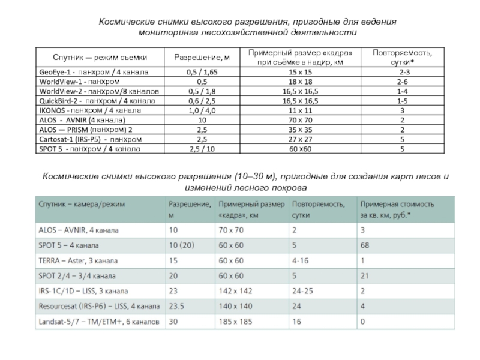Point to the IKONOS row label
(89, 110)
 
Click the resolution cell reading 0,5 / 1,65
(202, 71)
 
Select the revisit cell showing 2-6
(402, 81)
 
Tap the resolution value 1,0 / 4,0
(202, 110)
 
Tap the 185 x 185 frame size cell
(235, 322)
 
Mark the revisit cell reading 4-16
(301, 261)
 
